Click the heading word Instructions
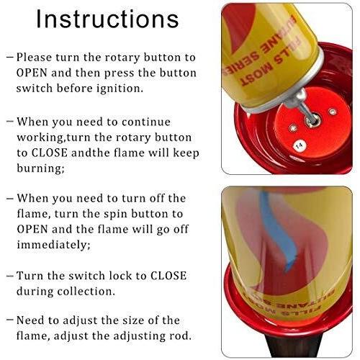(x=107, y=19)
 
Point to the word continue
(x=146, y=122)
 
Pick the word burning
(x=40, y=168)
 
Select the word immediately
(x=53, y=245)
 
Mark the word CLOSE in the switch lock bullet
(x=168, y=276)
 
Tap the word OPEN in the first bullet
(x=32, y=73)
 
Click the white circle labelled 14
(x=300, y=145)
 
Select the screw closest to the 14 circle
(x=293, y=127)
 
